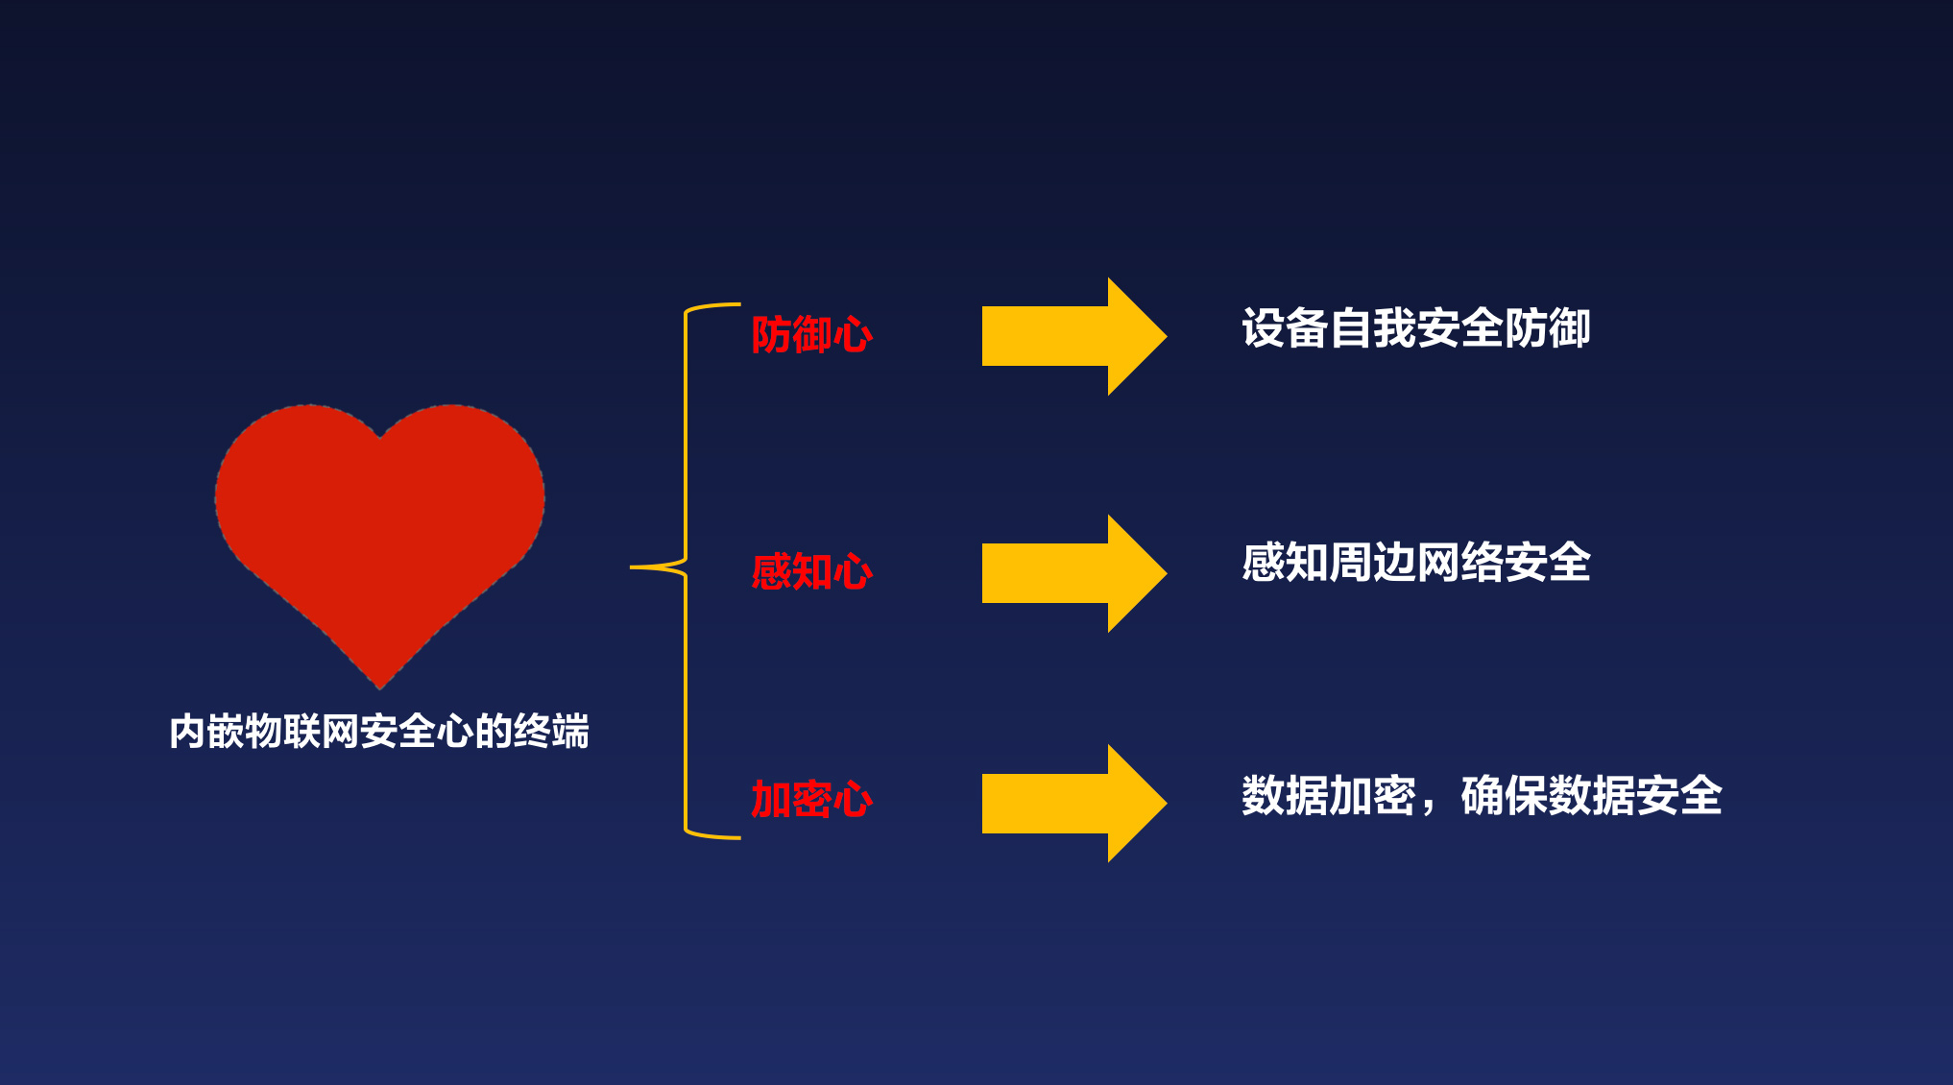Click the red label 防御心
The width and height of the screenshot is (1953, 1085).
pos(811,335)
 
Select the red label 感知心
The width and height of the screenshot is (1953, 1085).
pos(811,572)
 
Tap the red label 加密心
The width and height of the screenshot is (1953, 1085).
pos(811,800)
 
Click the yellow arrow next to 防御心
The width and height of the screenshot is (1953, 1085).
pos(1074,336)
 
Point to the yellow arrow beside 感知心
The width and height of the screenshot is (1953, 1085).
pos(1074,573)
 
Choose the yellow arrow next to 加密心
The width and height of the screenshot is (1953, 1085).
pos(1074,803)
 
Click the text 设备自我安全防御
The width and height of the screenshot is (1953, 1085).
pos(1416,328)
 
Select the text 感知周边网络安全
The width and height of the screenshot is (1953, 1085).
pos(1416,563)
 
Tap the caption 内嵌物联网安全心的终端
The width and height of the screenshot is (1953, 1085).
pos(379,732)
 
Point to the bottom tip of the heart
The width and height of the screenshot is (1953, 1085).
pos(380,688)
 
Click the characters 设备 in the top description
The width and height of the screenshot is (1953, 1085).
pos(1285,328)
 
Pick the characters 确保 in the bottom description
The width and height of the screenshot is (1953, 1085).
pos(1504,796)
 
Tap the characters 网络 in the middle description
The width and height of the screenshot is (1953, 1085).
pos(1459,563)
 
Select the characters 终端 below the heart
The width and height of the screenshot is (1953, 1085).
pos(551,732)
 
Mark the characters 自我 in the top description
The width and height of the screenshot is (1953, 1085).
pos(1372,328)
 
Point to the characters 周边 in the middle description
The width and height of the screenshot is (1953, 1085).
pos(1372,563)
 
